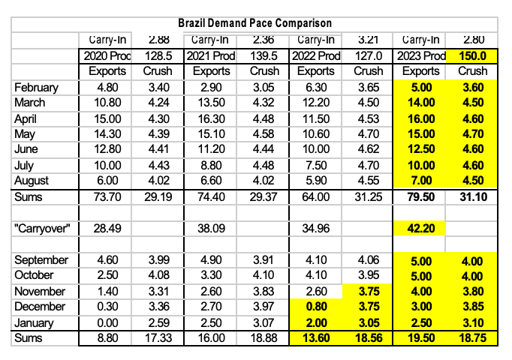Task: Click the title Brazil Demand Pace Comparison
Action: (x=255, y=24)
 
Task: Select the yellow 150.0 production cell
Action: (x=471, y=55)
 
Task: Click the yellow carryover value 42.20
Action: (x=419, y=227)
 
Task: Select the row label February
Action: (x=35, y=87)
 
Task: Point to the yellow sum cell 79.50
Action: (x=419, y=196)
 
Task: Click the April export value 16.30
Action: (x=209, y=118)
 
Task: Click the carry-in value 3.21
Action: (x=367, y=39)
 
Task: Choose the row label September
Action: (x=41, y=259)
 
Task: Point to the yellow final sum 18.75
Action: (x=471, y=338)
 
